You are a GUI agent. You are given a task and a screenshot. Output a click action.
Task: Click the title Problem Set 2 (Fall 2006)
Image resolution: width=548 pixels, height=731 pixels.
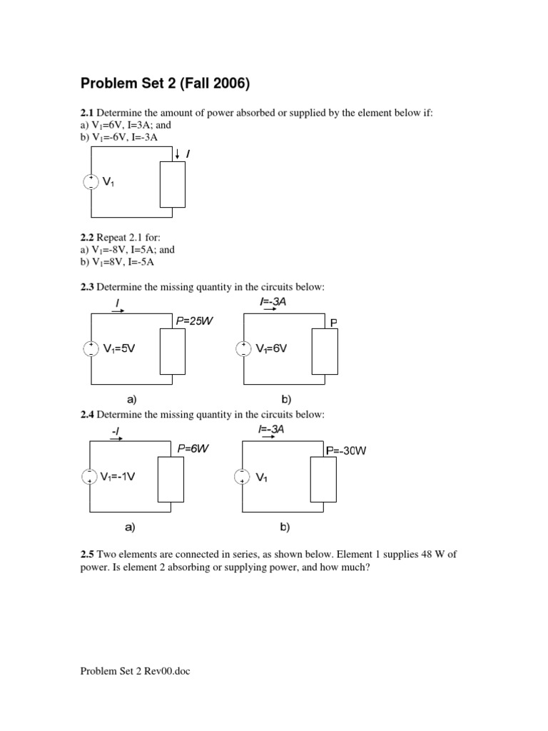click(165, 84)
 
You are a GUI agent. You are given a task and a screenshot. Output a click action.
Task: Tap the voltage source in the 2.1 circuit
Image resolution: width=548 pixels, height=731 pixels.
click(91, 181)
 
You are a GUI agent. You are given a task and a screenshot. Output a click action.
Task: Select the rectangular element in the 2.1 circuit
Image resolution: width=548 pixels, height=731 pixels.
click(173, 183)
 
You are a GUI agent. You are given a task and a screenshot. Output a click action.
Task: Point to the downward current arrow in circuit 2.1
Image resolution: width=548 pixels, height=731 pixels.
click(176, 153)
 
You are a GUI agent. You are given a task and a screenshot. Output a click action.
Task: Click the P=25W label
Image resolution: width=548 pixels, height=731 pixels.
click(195, 321)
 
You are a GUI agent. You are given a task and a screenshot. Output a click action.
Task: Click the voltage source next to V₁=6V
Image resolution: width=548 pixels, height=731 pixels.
click(243, 348)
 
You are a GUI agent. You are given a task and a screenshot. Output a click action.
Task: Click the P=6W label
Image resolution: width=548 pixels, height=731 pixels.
click(193, 448)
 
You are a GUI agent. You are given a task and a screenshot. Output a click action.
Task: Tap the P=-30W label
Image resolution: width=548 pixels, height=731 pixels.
click(345, 450)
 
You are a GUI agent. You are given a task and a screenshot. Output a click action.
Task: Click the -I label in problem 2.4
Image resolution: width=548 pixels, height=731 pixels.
click(116, 431)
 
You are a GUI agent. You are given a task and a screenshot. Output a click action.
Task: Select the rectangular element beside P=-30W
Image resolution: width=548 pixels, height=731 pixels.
click(323, 480)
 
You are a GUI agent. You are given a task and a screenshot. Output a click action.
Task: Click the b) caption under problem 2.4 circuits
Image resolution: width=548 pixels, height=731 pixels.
click(285, 528)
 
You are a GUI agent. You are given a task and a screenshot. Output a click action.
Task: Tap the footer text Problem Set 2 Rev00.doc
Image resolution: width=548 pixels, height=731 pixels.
click(136, 671)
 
